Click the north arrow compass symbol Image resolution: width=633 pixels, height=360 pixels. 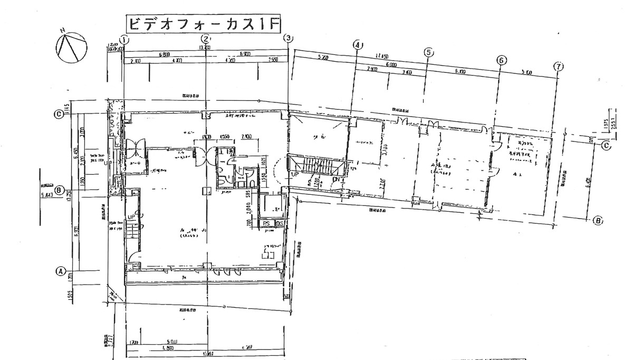[x=71, y=46]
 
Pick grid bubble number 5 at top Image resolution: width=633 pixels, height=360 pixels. [x=428, y=52]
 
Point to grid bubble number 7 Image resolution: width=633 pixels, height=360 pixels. [x=559, y=67]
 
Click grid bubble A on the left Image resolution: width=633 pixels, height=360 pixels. [x=60, y=271]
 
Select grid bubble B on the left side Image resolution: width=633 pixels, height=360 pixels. [x=60, y=191]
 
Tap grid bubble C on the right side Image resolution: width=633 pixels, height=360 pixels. [x=606, y=146]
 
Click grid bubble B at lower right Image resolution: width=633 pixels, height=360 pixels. [x=598, y=221]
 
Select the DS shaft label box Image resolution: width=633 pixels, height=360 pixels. [x=280, y=224]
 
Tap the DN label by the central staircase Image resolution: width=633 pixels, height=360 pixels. [x=335, y=179]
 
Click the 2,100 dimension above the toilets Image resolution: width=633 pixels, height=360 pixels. [x=246, y=137]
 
